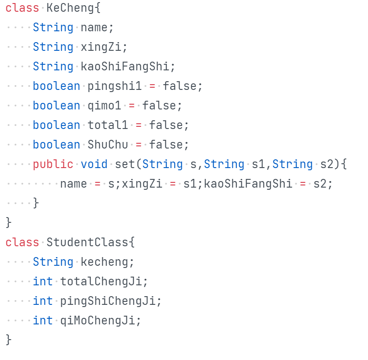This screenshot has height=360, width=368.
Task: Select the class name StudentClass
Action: pyautogui.click(x=87, y=242)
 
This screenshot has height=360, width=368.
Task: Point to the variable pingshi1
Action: pyautogui.click(x=114, y=86)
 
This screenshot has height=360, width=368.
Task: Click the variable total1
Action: pyautogui.click(x=108, y=125)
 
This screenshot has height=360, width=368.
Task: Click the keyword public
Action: pyautogui.click(x=53, y=164)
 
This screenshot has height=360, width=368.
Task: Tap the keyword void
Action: pyautogui.click(x=94, y=164)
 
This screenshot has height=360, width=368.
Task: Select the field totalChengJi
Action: pyautogui.click(x=101, y=281)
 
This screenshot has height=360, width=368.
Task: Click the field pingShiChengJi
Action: pyautogui.click(x=108, y=301)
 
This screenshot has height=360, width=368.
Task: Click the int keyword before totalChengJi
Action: pyautogui.click(x=43, y=281)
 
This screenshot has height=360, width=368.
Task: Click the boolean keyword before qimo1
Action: pyautogui.click(x=56, y=106)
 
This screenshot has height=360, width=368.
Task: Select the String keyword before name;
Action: pyautogui.click(x=53, y=27)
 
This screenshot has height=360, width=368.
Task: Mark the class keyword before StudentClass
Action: pyautogui.click(x=22, y=242)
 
